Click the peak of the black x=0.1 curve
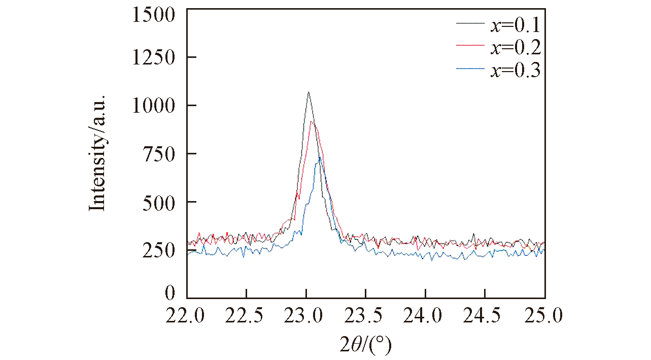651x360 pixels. click(308, 92)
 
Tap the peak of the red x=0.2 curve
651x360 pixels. click(312, 121)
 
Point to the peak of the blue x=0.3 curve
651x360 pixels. click(319, 157)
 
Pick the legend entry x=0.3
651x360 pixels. click(515, 71)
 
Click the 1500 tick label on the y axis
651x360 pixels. click(153, 15)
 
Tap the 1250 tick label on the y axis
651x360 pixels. click(153, 57)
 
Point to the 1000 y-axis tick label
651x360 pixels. click(153, 106)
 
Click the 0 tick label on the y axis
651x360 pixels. click(169, 293)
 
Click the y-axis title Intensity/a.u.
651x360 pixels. click(97, 152)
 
